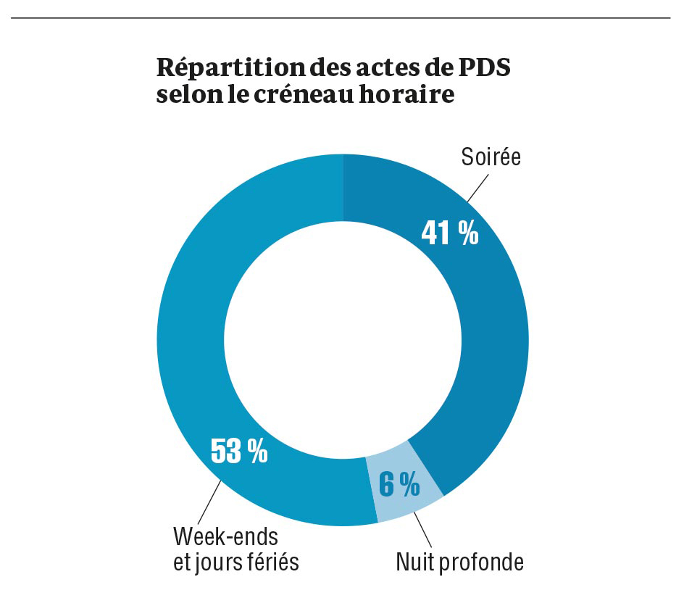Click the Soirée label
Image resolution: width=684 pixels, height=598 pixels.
pos(491,157)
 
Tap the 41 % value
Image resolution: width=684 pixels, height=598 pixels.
pos(449,233)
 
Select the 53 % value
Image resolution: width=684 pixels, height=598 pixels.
pos(238,451)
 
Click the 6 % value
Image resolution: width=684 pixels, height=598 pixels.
pos(399,485)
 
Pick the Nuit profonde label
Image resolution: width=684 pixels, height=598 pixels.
pos(459,562)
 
